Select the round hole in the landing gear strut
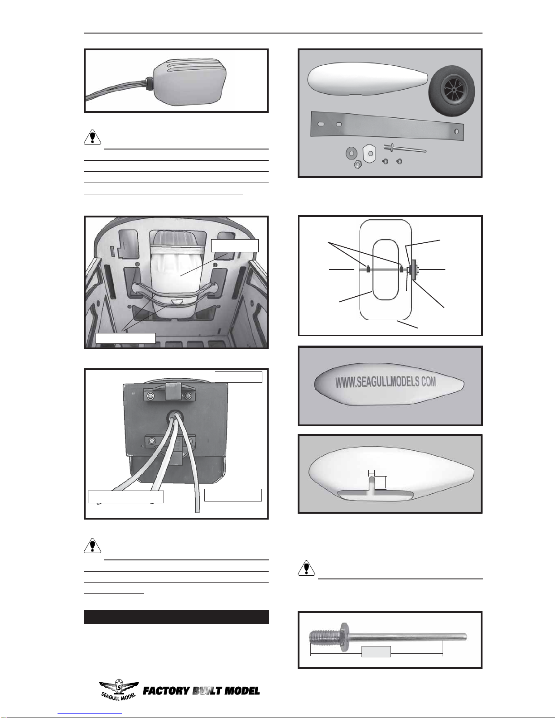coord(456,131)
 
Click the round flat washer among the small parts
coord(351,153)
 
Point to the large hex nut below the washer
coord(357,164)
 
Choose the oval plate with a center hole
coord(370,153)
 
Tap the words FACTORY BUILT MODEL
coord(201,691)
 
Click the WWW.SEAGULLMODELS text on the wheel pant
coord(385,382)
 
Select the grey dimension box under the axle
coord(376,652)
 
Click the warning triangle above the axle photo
coord(306,568)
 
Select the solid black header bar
coord(176,617)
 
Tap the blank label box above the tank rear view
coord(238,377)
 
